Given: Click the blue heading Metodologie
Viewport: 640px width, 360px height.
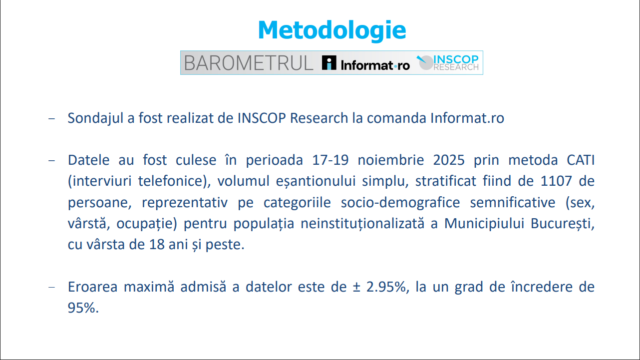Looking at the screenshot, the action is tap(331, 31).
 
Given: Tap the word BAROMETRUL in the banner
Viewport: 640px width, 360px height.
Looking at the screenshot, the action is tap(249, 63).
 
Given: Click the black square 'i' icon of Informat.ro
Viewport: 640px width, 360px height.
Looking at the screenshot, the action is tap(329, 62).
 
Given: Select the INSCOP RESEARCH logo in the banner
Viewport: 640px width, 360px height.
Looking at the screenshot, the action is tap(447, 62).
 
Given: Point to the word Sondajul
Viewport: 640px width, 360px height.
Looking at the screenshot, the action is tap(95, 118).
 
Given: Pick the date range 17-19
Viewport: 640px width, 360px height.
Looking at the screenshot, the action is tap(330, 160).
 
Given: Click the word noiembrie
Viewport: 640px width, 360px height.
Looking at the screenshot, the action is tap(391, 160).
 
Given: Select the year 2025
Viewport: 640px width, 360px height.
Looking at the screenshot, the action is tap(449, 160).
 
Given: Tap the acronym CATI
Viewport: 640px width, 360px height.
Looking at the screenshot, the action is tap(581, 160).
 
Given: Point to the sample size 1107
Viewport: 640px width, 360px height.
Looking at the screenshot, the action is tap(556, 181).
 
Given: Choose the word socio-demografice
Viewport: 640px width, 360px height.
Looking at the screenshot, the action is tap(400, 202).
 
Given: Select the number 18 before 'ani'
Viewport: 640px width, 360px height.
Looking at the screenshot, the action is tap(157, 245).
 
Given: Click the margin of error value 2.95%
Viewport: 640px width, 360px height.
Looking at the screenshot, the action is tap(386, 287).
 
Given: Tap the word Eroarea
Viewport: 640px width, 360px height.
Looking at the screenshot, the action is tap(92, 287).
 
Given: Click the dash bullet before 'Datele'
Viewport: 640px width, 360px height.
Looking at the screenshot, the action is tap(52, 160).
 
